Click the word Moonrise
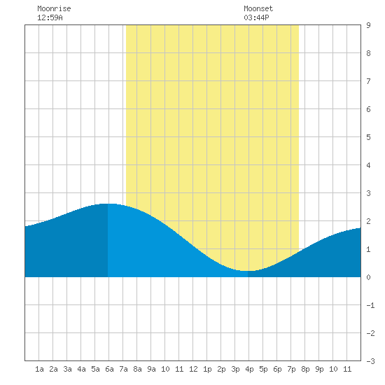[54, 8]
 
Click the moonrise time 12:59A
[50, 17]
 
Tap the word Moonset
[258, 8]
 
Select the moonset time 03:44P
[256, 17]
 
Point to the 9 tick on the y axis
[368, 25]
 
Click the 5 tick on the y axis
[368, 137]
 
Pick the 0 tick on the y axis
[368, 277]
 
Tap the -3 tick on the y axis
[370, 361]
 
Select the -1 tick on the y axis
[370, 305]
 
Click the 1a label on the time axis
[39, 369]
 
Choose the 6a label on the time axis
[109, 369]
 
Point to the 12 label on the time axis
[193, 369]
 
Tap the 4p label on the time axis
[249, 369]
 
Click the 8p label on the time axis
[305, 369]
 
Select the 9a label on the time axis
[151, 369]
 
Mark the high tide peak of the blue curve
[108, 204]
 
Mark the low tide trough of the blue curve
[248, 271]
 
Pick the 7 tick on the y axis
[368, 81]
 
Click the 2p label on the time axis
[221, 369]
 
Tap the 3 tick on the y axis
[368, 193]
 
